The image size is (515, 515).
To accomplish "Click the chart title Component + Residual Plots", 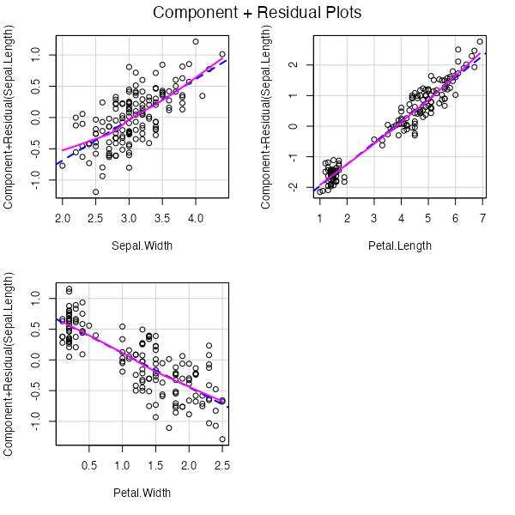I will (257, 14).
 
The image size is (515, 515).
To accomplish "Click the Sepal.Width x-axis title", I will (142, 246).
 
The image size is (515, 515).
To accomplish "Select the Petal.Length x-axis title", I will (399, 246).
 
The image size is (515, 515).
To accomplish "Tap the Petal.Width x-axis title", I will (142, 493).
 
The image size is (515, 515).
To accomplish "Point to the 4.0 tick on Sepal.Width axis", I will (196, 220).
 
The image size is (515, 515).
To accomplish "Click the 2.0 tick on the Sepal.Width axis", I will (62, 220).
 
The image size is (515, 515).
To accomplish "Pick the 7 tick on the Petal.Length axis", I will (482, 220).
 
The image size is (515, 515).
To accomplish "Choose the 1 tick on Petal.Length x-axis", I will (320, 220).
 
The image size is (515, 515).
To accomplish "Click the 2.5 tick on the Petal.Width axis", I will (221, 466).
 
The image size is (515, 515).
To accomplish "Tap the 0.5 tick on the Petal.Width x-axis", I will (89, 466).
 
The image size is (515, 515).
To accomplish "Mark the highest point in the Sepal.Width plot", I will (196, 41).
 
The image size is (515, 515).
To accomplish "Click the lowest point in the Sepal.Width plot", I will (95, 191).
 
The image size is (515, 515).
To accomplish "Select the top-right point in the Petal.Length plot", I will (480, 41).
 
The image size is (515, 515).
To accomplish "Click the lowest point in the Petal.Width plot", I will (222, 439).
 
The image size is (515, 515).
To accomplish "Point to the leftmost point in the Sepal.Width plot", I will (62, 166).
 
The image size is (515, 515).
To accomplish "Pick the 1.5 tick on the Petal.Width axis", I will (155, 466).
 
